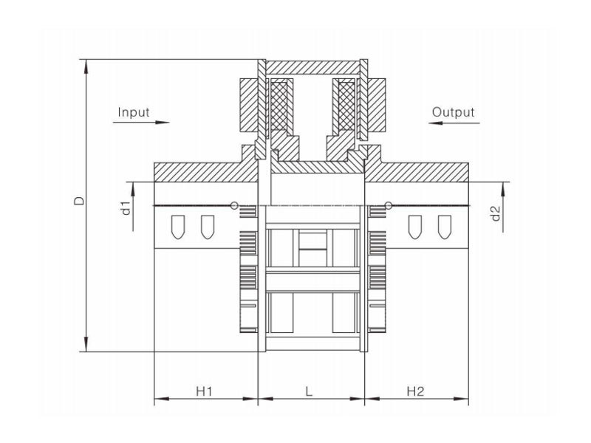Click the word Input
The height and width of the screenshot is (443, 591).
134,112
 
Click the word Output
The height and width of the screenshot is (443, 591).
453,112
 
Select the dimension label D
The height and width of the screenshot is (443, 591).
80,201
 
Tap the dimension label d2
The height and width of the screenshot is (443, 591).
496,213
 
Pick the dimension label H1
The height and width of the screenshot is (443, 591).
205,391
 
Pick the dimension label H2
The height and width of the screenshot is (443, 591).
415,391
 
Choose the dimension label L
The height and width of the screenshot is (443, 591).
309,391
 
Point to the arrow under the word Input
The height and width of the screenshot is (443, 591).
141,122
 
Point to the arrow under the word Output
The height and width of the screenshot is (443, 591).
454,123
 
